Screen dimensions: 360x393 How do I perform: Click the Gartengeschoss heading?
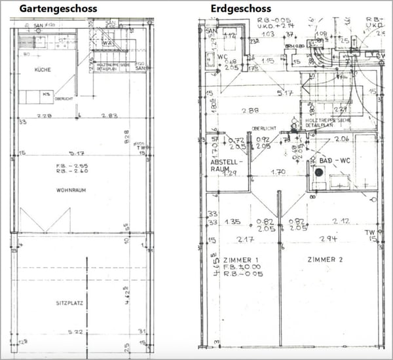tap(58, 9)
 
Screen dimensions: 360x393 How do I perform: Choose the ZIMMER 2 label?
tap(324, 260)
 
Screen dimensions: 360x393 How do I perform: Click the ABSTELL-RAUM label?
tap(227, 165)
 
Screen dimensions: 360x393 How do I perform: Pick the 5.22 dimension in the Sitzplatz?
tap(77, 333)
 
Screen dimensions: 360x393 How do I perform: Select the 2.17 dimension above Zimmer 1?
tap(246, 238)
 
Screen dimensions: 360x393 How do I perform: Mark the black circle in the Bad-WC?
tap(319, 172)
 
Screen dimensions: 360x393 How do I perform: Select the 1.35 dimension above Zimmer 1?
tap(233, 221)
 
